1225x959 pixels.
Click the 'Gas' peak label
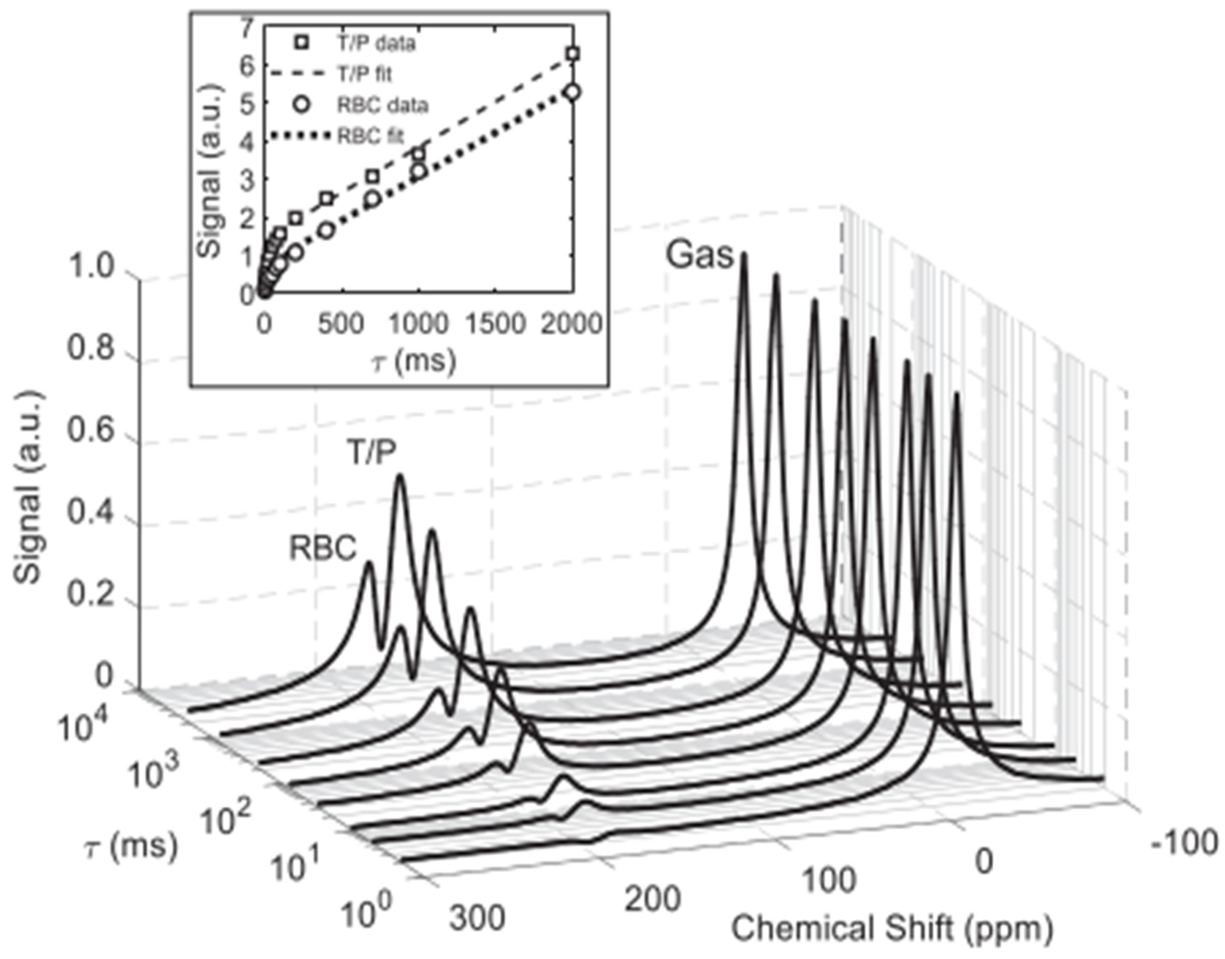[x=699, y=256]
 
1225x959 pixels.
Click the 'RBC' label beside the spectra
[x=323, y=549]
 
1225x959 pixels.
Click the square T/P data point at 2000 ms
[x=573, y=54]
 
